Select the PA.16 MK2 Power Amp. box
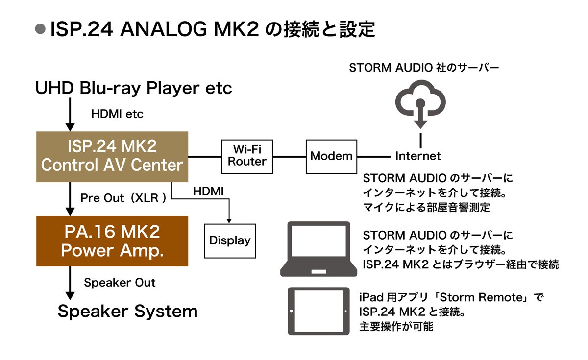click(112, 241)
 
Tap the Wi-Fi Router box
click(247, 156)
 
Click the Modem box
click(332, 156)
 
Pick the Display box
click(230, 240)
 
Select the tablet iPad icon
click(318, 311)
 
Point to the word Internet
click(418, 156)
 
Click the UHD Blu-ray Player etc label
click(134, 89)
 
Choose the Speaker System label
click(127, 312)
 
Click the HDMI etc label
click(118, 114)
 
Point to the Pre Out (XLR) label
click(123, 198)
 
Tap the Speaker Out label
click(120, 283)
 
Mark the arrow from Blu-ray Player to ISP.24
click(70, 114)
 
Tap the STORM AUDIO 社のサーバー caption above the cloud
click(424, 68)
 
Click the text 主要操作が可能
click(396, 326)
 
